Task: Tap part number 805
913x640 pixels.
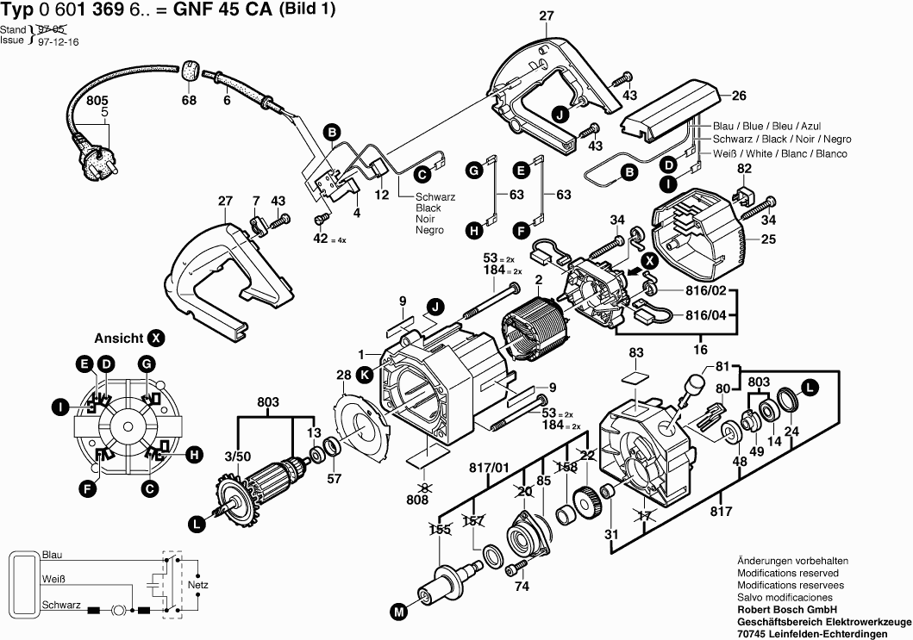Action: (98, 101)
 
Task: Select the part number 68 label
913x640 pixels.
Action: (189, 101)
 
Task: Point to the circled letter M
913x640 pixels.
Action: (397, 612)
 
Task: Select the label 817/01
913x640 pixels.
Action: (487, 468)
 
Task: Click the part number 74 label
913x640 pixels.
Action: (521, 587)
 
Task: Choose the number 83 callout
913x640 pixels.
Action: (636, 353)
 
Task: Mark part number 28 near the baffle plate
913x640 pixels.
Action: (343, 376)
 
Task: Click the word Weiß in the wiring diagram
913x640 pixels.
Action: (54, 580)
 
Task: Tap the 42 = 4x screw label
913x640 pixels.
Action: (324, 239)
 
